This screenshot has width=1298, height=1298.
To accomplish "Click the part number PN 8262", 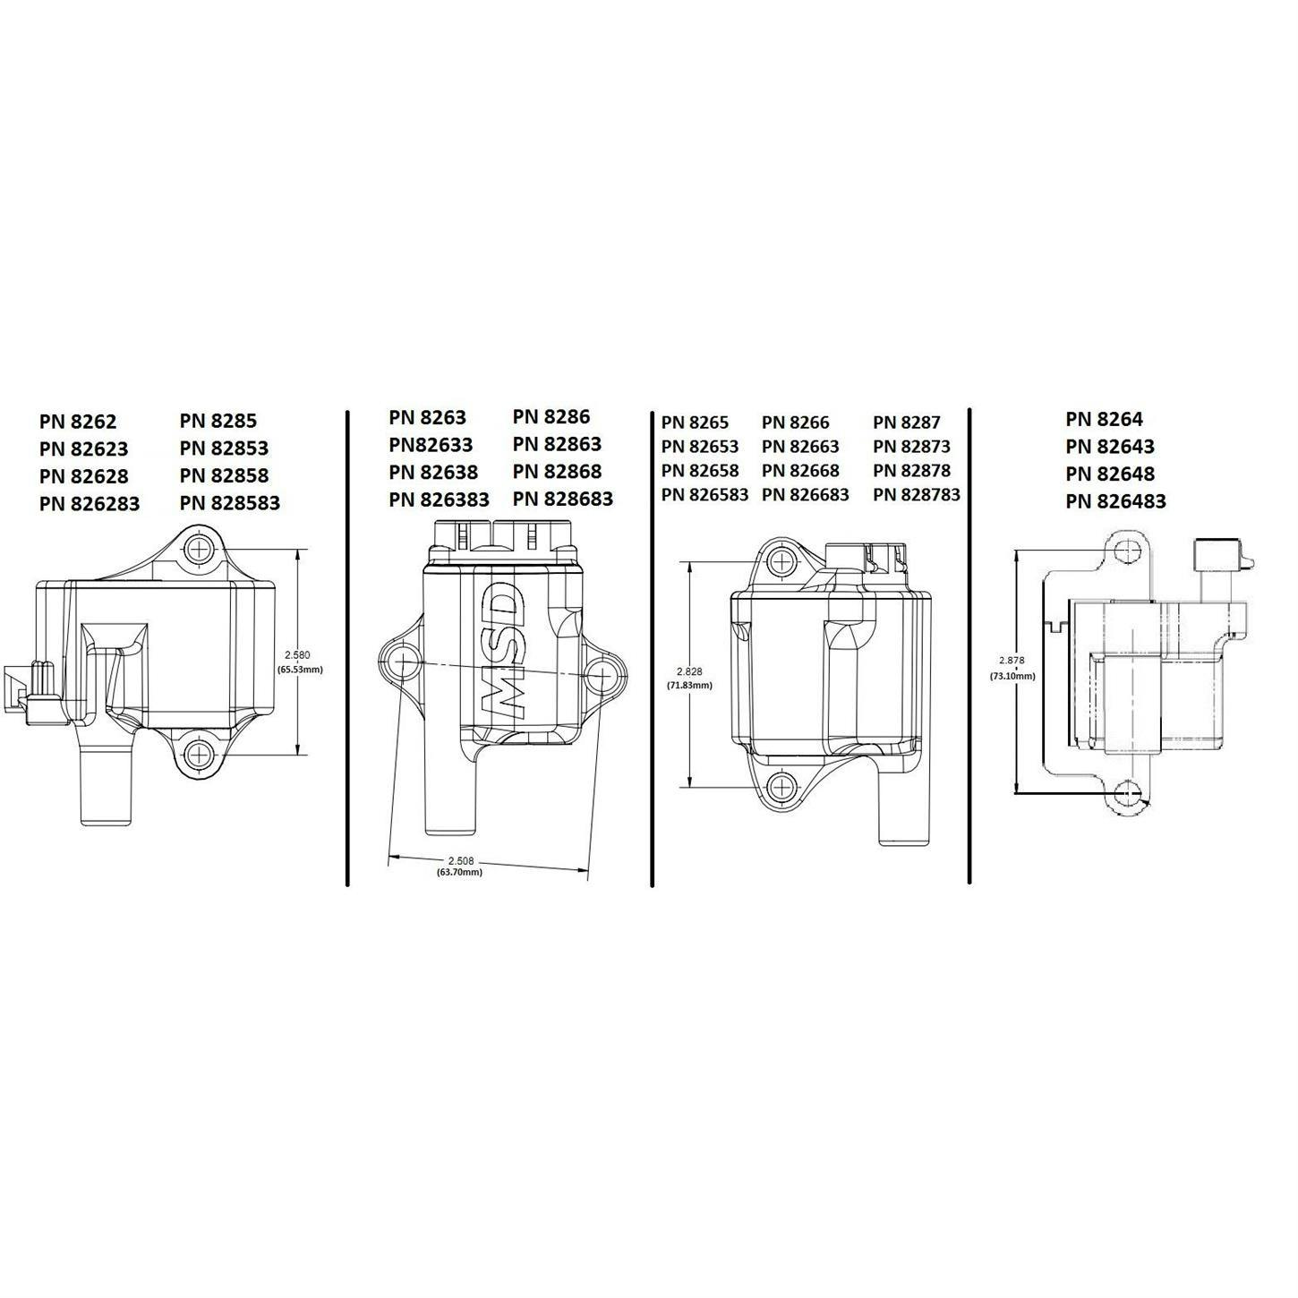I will tap(78, 421).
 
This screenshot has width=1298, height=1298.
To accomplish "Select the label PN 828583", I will tap(230, 503).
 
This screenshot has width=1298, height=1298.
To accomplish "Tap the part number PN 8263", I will tap(427, 417).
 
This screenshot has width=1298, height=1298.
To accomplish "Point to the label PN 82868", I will tap(557, 472).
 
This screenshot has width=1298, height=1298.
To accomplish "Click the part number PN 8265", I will tap(695, 423).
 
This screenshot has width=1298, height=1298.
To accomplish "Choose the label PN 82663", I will tap(800, 447).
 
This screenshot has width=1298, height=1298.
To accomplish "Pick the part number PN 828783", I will tap(917, 494).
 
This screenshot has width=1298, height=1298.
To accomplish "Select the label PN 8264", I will tap(1104, 419).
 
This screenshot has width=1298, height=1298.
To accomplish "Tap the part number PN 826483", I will tap(1115, 501).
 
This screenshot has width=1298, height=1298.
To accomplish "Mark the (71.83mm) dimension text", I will tap(689, 685).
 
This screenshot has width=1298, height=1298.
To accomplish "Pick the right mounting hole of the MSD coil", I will tap(603, 672).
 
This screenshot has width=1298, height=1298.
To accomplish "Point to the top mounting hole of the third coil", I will tap(781, 561).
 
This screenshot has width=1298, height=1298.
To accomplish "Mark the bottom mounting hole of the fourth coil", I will tap(1130, 792).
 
